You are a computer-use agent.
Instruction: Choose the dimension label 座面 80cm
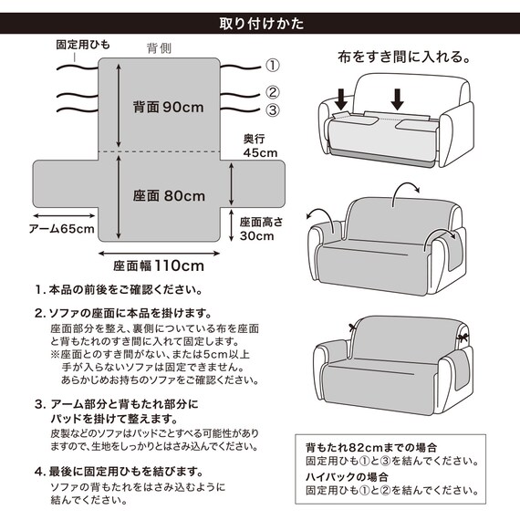(x=169, y=195)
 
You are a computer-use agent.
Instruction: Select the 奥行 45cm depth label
(x=259, y=146)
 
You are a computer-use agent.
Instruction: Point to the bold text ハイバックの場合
(x=347, y=477)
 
